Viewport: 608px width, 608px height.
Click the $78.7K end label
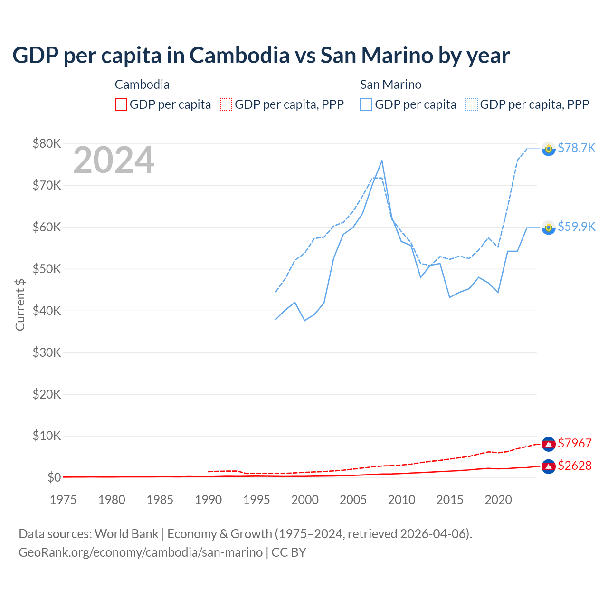click(x=576, y=148)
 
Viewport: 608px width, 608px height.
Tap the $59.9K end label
click(x=576, y=227)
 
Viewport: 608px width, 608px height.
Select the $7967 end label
click(x=574, y=443)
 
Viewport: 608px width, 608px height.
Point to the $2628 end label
click(x=574, y=465)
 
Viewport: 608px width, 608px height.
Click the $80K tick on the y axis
click(x=47, y=143)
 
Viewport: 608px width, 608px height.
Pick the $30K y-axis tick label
click(x=47, y=352)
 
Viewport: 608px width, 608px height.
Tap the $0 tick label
click(x=54, y=477)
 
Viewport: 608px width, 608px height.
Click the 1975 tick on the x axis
click(x=63, y=500)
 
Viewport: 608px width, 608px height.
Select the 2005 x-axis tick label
click(x=353, y=500)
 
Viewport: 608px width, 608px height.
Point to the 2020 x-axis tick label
click(x=498, y=500)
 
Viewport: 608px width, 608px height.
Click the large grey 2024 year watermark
click(x=114, y=160)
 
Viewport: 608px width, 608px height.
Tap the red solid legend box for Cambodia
click(x=121, y=104)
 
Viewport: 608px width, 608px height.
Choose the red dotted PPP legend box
click(x=226, y=104)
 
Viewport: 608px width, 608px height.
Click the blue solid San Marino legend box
click(x=366, y=104)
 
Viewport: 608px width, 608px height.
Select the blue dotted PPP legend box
click(x=472, y=104)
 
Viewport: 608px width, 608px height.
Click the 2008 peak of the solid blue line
click(x=382, y=161)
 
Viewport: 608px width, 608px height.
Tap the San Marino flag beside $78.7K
click(x=549, y=149)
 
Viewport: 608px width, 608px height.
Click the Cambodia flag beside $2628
click(x=549, y=466)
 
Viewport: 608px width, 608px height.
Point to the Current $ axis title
click(x=20, y=304)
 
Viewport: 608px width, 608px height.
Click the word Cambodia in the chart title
click(x=239, y=56)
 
